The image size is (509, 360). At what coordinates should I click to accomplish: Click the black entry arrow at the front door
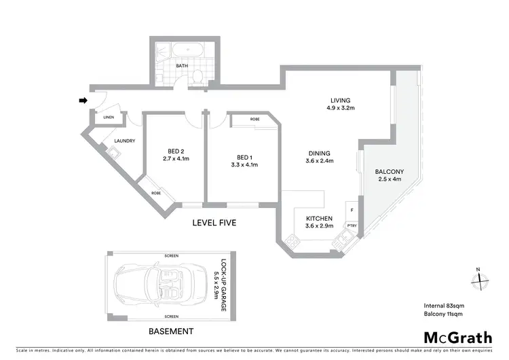point(83,101)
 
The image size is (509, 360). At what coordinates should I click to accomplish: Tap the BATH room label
point(181,66)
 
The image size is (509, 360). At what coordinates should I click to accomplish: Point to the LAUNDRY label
point(125,141)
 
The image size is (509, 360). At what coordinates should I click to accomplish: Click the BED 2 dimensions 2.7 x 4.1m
point(175,158)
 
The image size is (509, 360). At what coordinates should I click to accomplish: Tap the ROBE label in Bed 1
point(254,119)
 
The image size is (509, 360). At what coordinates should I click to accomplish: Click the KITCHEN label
point(319,219)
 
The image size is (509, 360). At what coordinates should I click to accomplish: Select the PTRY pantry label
point(352,226)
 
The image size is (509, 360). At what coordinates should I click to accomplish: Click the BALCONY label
point(390,171)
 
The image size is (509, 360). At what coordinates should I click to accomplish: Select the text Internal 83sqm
point(444,304)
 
